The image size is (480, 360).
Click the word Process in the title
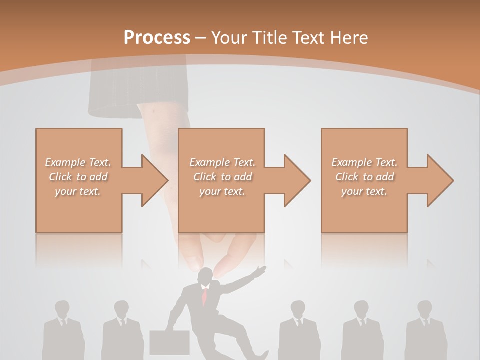pyautogui.click(x=157, y=38)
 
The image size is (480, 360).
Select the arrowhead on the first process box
pyautogui.click(x=152, y=180)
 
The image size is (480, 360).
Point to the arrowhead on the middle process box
pyautogui.click(x=295, y=180)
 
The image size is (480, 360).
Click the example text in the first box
pyautogui.click(x=78, y=177)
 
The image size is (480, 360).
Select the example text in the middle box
pyautogui.click(x=222, y=177)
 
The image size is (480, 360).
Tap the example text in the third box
pyautogui.click(x=364, y=177)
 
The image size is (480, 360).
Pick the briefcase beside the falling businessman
pyautogui.click(x=170, y=342)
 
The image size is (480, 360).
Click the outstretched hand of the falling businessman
pyautogui.click(x=260, y=271)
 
